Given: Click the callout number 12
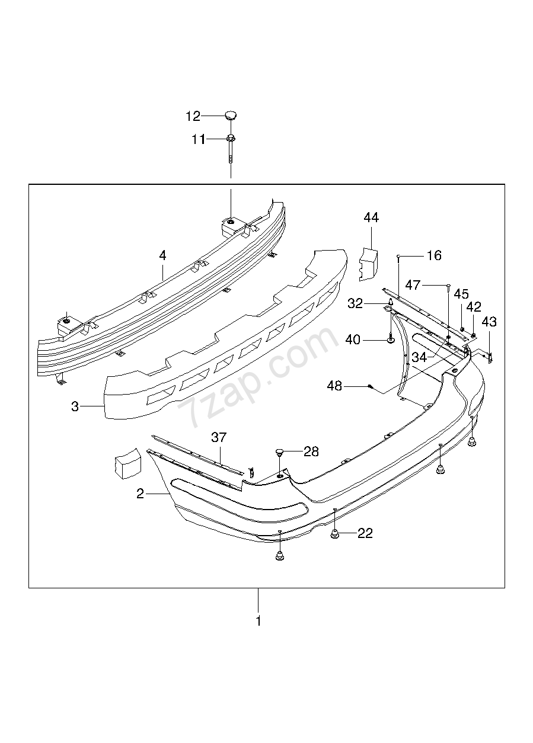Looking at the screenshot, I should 193,116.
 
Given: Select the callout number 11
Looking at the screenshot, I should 197,140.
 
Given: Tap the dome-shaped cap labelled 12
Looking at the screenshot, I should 231,114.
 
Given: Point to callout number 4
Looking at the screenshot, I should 162,255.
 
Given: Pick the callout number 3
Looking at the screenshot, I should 75,406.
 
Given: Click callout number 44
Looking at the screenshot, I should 371,218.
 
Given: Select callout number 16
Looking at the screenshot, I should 434,255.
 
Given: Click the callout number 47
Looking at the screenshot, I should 413,285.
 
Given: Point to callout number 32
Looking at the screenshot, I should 355,303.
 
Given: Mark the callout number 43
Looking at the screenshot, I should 489,322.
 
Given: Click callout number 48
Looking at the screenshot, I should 334,386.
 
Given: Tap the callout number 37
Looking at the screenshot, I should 219,437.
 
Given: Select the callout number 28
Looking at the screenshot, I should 311,452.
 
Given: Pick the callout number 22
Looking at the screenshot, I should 365,533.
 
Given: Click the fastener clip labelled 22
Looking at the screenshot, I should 335,535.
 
